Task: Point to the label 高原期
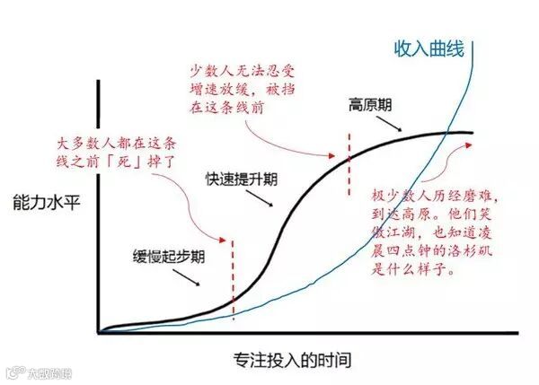tap(369, 104)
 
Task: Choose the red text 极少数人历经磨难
tap(430, 196)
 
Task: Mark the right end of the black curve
tap(471, 134)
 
